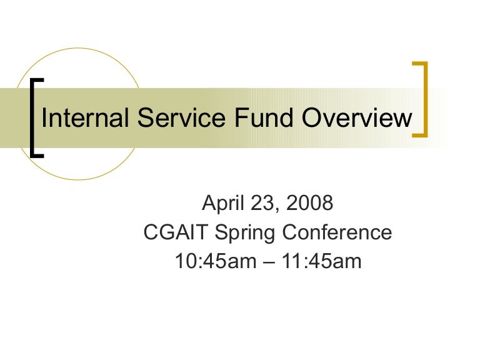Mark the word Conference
(x=337, y=232)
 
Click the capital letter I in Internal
(x=44, y=118)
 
